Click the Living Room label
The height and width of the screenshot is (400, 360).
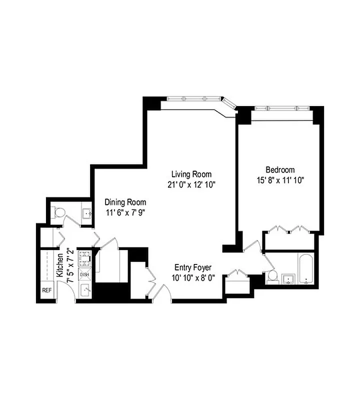191,174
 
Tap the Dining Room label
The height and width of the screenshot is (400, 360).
125,202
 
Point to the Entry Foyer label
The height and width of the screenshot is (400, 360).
193,267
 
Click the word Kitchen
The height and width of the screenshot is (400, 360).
60,265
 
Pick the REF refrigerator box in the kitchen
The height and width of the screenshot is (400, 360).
46,290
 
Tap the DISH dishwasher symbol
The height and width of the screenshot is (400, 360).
84,274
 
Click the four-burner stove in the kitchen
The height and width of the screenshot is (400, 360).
84,258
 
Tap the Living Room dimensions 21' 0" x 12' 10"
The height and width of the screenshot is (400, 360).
191,184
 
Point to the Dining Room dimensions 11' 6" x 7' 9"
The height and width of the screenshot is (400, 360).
125,212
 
